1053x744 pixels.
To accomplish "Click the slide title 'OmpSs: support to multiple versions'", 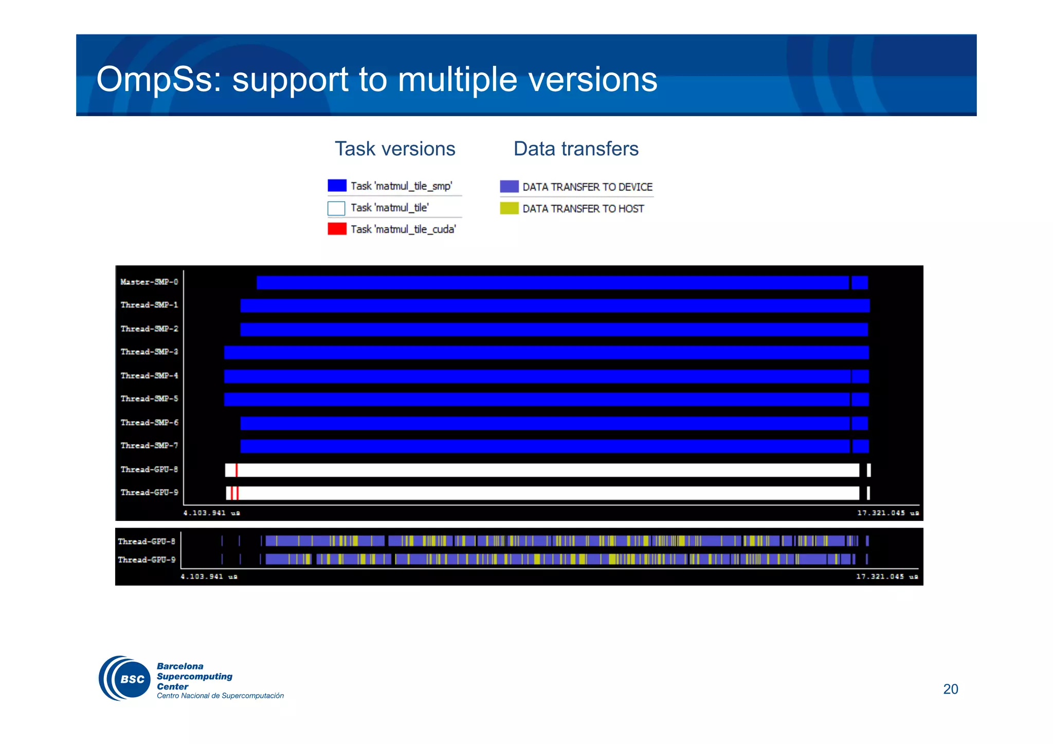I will (x=376, y=79).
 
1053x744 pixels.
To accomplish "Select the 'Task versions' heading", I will (x=395, y=149).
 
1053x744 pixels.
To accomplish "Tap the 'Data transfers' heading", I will (x=576, y=149).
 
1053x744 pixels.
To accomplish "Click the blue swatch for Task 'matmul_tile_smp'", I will (x=337, y=186).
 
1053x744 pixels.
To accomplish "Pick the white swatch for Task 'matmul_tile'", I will (x=336, y=208).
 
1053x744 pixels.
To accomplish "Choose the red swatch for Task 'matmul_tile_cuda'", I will (x=337, y=229).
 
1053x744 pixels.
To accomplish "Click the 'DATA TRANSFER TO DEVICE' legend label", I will (x=587, y=187).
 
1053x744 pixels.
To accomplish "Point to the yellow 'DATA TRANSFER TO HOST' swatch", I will (x=509, y=208).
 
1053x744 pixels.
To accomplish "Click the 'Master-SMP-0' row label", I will (x=149, y=282).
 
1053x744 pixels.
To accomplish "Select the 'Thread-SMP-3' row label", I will (x=149, y=352).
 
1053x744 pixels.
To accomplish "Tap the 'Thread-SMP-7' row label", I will (x=149, y=445).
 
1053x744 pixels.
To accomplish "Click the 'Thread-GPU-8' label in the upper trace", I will (x=149, y=469).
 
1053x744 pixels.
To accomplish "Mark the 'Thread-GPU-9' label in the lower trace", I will (x=147, y=559).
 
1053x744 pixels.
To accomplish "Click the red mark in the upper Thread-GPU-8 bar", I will (x=237, y=470).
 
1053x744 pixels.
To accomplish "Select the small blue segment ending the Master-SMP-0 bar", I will (x=860, y=282).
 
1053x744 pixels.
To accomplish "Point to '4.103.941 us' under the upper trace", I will (x=211, y=513).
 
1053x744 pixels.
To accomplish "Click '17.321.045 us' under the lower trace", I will (x=886, y=576).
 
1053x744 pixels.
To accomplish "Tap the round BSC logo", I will (x=125, y=678).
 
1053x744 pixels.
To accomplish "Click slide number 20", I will (x=950, y=689).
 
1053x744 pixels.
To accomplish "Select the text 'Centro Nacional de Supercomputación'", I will (x=220, y=696).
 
